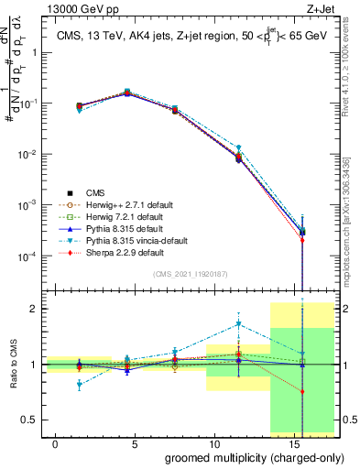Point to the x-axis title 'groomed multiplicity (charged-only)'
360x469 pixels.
point(242,457)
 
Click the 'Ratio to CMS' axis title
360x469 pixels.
point(14,364)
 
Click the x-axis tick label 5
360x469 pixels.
point(135,444)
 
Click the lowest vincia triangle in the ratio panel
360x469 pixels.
point(80,385)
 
